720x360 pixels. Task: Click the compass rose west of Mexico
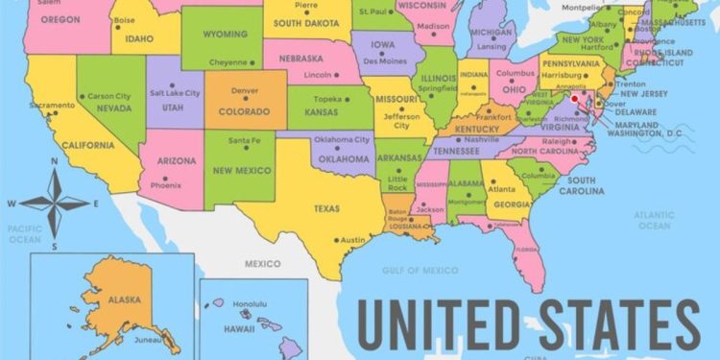[55, 203]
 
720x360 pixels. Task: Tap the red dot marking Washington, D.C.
[574, 98]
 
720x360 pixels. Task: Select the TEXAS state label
[326, 207]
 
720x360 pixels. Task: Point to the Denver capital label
[245, 90]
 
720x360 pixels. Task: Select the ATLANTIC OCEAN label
[654, 220]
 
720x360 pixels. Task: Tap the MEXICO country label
[262, 263]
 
